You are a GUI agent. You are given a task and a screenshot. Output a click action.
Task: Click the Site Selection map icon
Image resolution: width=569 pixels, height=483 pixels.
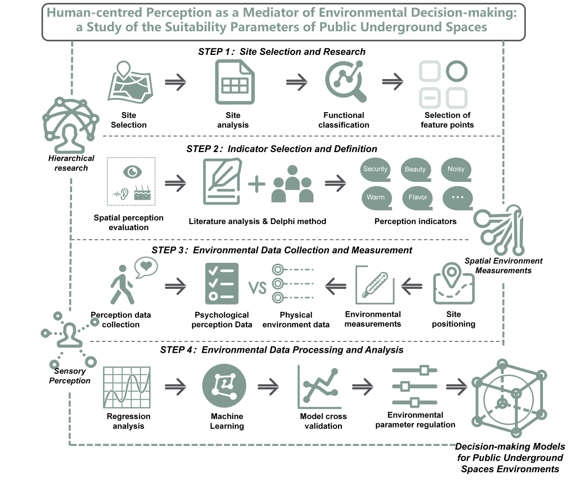(129, 85)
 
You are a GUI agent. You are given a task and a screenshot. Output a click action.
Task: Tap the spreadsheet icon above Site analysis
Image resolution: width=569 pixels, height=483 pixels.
(235, 83)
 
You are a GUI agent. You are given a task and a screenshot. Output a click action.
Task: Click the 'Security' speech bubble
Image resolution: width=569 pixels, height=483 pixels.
(375, 170)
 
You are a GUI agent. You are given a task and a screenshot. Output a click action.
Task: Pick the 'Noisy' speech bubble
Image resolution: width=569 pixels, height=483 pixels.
(456, 170)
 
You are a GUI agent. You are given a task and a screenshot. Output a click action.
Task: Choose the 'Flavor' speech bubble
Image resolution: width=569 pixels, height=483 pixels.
(418, 198)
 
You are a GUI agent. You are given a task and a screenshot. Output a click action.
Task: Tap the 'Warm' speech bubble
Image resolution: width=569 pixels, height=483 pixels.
(376, 198)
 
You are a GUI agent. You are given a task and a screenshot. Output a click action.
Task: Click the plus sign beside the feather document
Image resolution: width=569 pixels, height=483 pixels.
(257, 184)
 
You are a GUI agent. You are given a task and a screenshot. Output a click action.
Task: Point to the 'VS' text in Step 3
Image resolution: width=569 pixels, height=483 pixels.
(257, 287)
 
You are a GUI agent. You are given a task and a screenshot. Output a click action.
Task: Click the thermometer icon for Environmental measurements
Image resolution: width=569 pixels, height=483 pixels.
(375, 285)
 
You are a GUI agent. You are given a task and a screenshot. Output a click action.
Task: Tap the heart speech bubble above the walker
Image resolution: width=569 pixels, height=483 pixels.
(146, 267)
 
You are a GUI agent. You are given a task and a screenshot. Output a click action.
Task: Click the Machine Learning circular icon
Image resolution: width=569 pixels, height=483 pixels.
(224, 386)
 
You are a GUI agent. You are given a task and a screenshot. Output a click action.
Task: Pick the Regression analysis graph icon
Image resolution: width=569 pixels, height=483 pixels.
(127, 387)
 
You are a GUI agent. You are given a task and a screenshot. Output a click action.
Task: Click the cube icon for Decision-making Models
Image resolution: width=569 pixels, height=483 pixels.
(506, 398)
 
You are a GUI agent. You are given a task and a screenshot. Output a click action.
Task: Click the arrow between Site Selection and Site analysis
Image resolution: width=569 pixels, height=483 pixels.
(175, 82)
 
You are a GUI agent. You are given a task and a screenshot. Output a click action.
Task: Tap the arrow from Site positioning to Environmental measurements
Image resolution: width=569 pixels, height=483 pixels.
(412, 286)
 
